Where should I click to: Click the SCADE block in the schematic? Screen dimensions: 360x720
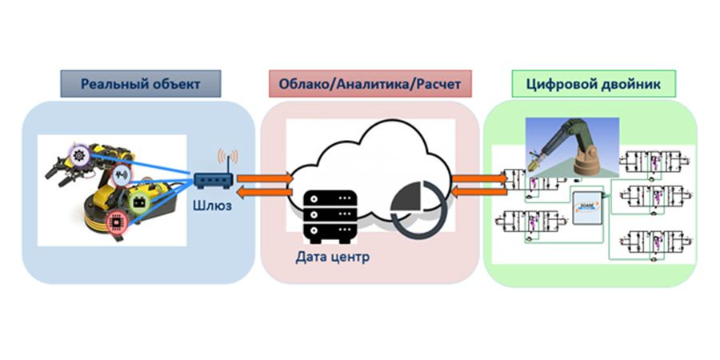[587, 207]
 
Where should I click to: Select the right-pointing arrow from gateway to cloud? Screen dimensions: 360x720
[265, 176]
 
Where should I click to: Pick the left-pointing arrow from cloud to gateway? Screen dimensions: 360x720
[265, 192]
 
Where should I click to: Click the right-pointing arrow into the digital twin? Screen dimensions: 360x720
[480, 176]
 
